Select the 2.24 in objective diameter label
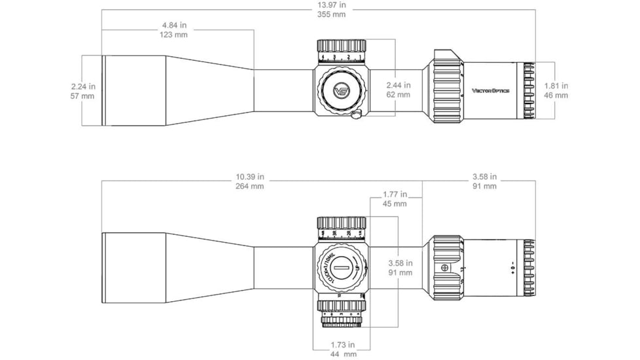coord(83,86)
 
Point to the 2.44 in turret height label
coord(398,85)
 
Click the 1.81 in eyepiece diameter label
coord(556,86)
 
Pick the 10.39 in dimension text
coord(250,177)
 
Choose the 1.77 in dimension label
coord(394,194)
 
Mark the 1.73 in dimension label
coord(342,345)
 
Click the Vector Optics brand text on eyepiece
coord(491,91)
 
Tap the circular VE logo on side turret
coord(342,91)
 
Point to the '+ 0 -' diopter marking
coord(513,266)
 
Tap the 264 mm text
coord(250,186)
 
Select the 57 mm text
coord(83,96)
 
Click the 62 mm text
coord(398,95)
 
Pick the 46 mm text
coord(556,96)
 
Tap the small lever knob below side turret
coord(356,116)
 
